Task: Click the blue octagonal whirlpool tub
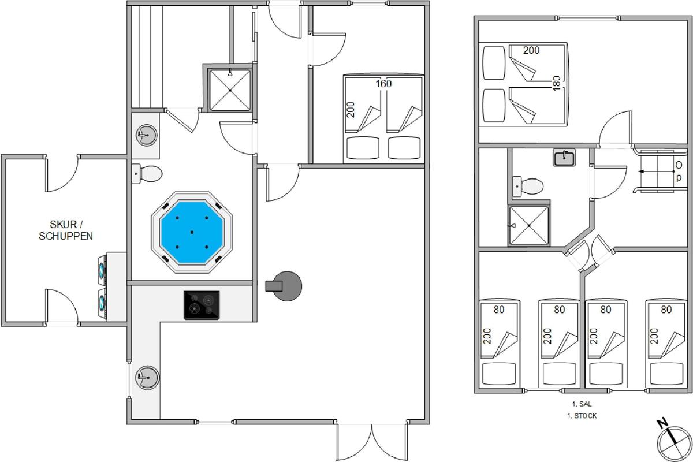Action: coord(192,232)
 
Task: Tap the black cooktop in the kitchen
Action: coord(202,305)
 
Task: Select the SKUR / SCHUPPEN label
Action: coord(66,230)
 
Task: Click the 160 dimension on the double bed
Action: coord(383,84)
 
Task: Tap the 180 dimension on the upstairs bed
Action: coord(556,83)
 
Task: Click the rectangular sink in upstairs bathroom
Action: coord(564,158)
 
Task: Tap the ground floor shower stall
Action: coord(230,90)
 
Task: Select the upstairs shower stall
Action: coord(529,226)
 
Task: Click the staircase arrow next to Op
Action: coord(656,172)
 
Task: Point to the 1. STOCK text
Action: coord(582,416)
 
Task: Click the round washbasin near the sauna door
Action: coord(146,135)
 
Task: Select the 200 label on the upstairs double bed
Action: coord(531,50)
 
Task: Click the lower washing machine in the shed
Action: coord(102,303)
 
